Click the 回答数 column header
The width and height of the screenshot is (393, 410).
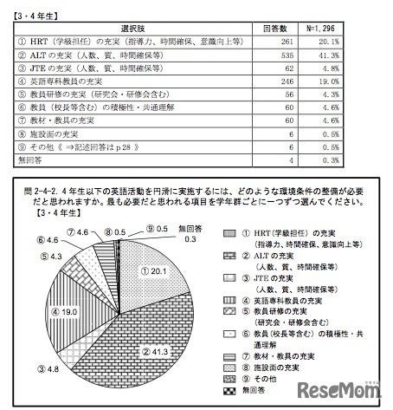(274, 28)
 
